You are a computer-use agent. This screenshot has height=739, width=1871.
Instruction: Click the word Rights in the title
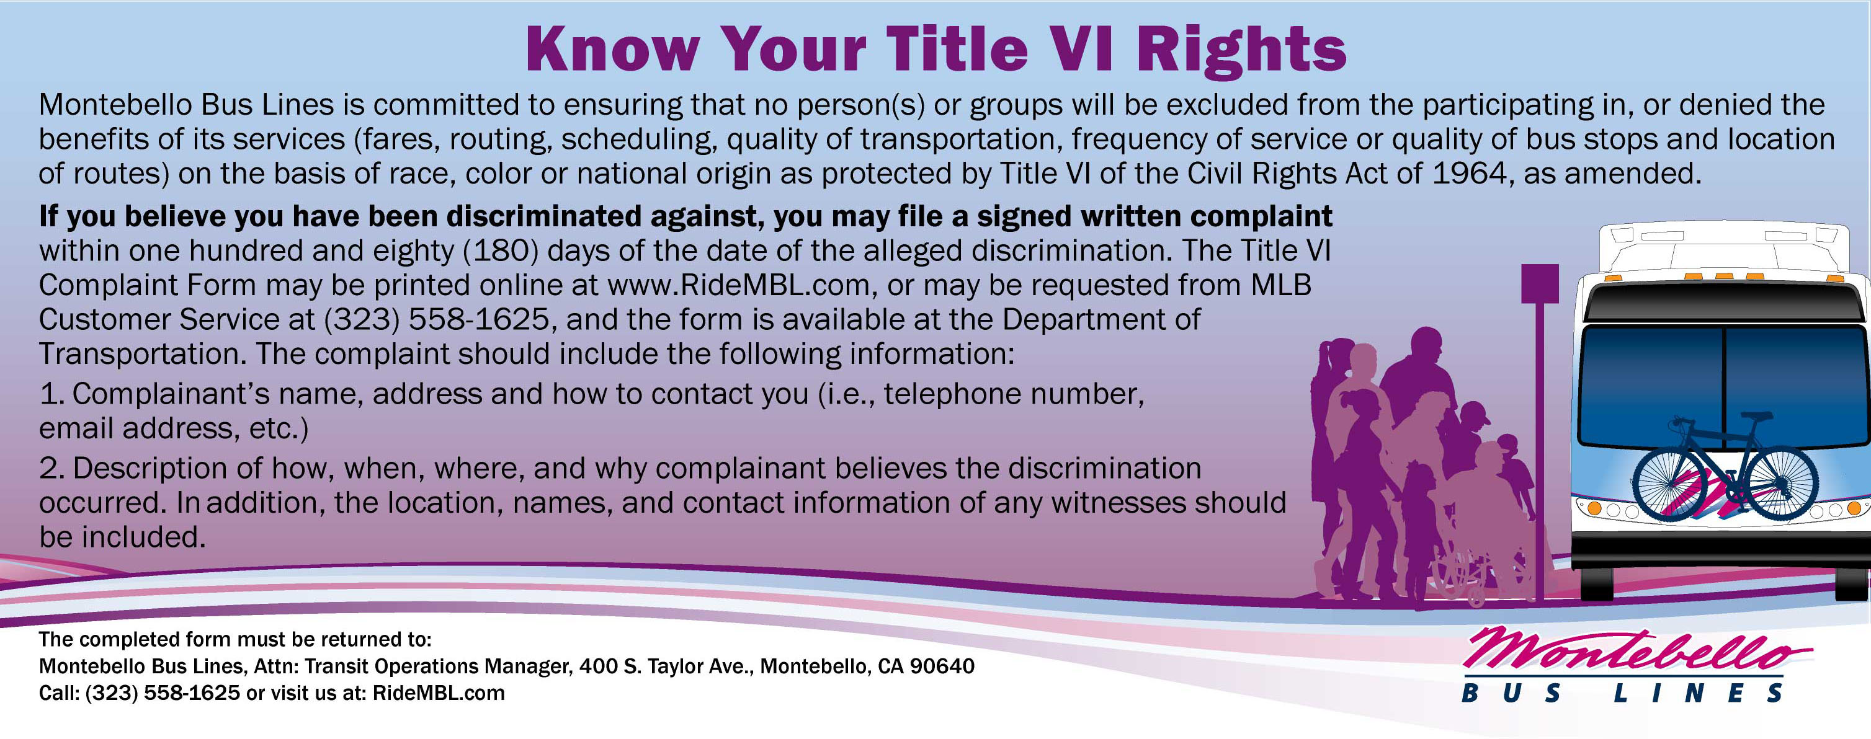click(x=1241, y=50)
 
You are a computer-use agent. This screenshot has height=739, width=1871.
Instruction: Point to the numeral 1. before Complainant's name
click(x=52, y=394)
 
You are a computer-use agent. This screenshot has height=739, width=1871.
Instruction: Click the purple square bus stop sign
click(x=1540, y=283)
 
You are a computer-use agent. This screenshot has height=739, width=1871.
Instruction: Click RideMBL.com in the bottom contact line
click(x=438, y=693)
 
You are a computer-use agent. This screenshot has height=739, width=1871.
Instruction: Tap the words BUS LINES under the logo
click(x=1623, y=693)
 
